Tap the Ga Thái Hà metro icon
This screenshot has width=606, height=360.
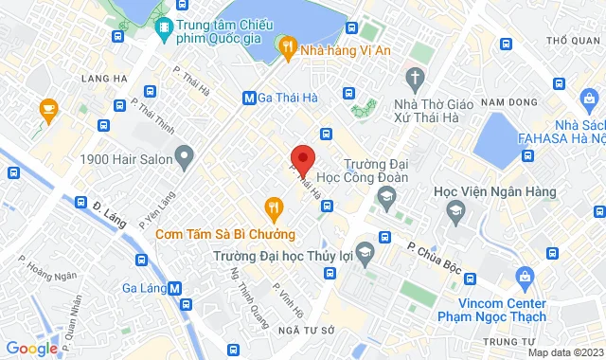coord(249,97)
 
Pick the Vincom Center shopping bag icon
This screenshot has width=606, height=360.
coord(524,277)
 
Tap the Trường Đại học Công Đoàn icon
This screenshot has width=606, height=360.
coord(385,196)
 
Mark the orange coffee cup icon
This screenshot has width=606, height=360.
coord(45,112)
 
